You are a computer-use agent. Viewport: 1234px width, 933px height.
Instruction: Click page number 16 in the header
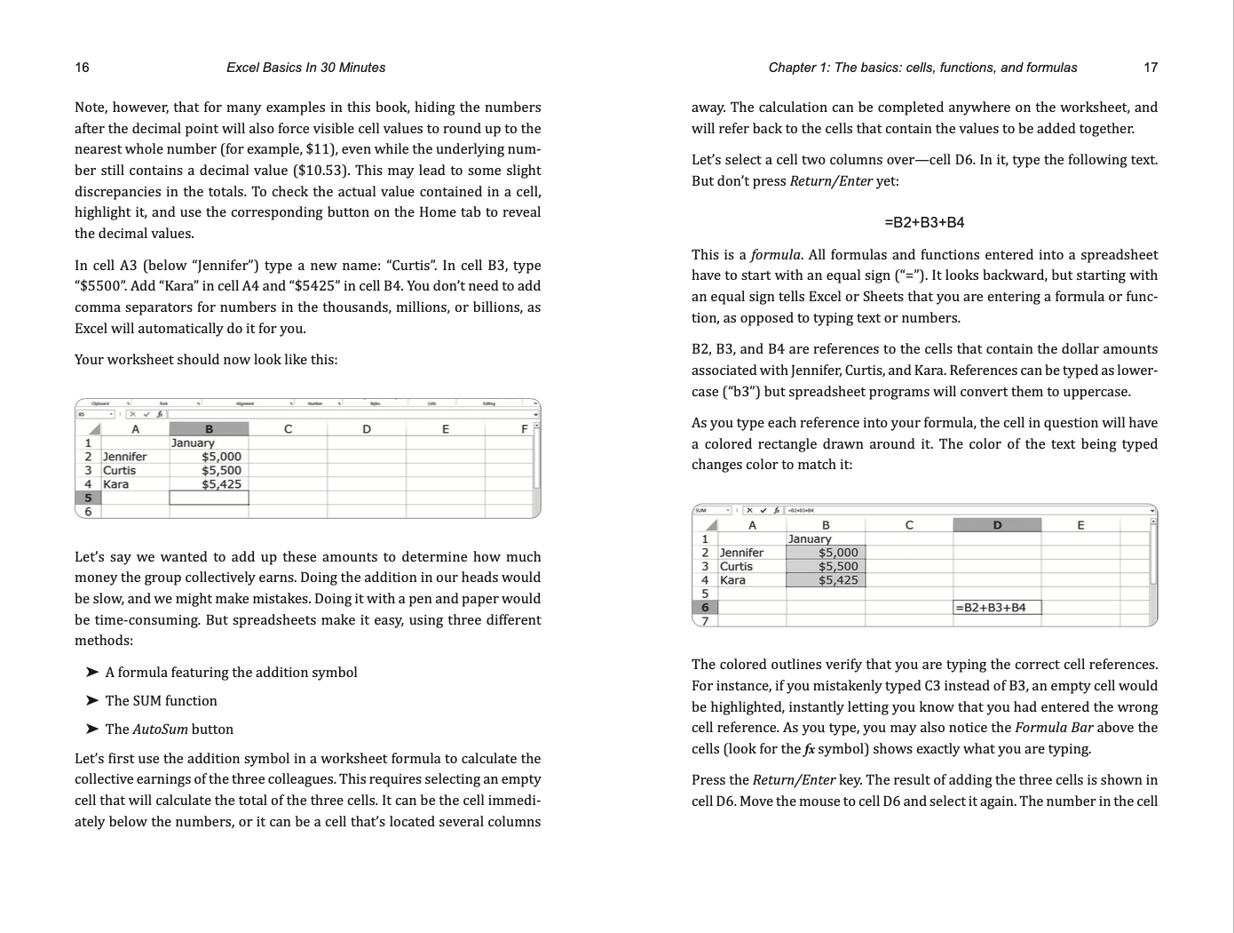pos(82,68)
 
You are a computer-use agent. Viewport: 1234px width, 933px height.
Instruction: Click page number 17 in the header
pos(1151,68)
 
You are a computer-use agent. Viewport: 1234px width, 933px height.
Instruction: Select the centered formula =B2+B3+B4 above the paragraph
pos(924,222)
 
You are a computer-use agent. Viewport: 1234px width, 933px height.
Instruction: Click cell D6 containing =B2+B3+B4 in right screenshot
pos(996,608)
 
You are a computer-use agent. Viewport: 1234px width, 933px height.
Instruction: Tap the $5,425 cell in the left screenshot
pos(221,484)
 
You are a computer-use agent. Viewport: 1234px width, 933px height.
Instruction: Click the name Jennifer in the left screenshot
pos(124,457)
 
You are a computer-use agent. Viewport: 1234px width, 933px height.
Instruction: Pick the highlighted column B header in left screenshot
pos(209,429)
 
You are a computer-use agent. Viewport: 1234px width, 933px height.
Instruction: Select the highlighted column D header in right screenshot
pos(996,525)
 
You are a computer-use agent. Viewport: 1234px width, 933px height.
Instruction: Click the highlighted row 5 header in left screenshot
pos(88,498)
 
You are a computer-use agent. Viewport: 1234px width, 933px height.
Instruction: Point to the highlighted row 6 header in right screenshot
pos(705,608)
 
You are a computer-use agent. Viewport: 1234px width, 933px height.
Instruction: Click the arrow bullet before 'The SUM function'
pos(91,701)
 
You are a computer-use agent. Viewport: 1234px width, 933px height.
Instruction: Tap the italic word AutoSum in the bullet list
pos(160,730)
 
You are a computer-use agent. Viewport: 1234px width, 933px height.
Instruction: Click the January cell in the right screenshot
pos(810,538)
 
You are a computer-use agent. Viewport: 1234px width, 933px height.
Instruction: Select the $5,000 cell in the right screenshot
pos(838,553)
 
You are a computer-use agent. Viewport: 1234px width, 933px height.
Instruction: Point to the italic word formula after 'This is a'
pos(775,255)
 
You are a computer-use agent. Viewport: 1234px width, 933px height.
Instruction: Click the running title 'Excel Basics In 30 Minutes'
pos(305,68)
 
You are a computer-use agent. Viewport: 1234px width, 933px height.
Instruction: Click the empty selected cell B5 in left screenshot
pos(209,498)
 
